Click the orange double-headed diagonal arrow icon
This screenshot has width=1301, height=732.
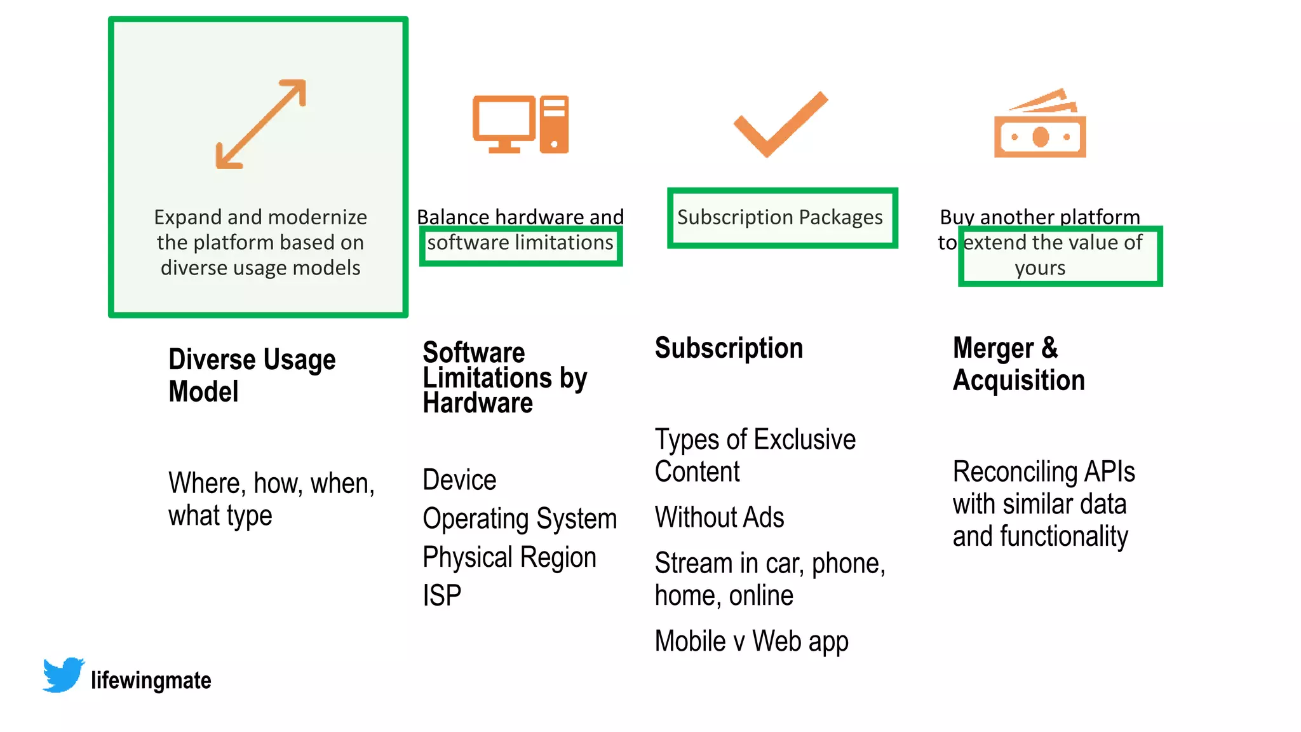click(260, 124)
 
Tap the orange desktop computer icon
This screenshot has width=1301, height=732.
click(520, 125)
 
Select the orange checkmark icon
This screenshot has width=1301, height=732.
click(780, 125)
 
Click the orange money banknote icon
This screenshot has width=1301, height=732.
click(1040, 125)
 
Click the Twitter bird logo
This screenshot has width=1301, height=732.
click(63, 675)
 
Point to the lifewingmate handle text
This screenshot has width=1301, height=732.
click(151, 681)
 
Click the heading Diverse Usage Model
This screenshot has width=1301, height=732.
click(252, 375)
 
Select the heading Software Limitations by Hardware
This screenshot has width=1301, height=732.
click(504, 377)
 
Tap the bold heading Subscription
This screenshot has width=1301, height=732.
click(729, 348)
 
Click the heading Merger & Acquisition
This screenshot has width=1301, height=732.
click(1018, 364)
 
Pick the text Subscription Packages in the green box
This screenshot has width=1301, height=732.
click(779, 217)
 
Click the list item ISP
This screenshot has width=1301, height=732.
click(442, 595)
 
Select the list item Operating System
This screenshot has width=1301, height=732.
click(519, 518)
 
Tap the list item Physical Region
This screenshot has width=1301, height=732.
click(509, 557)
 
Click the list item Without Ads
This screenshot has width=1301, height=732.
click(719, 517)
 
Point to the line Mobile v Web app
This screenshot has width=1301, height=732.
click(751, 641)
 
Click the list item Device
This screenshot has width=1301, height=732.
click(459, 480)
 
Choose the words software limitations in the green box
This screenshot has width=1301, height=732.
click(520, 243)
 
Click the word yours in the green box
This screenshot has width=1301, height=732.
click(1040, 268)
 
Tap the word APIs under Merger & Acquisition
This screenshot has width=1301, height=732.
click(1109, 471)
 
